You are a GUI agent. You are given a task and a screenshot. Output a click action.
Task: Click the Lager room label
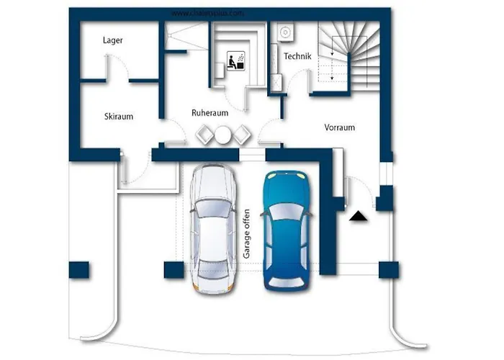113,41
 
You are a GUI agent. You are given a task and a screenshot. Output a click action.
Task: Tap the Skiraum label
119,116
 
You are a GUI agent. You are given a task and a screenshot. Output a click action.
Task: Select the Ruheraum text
210,113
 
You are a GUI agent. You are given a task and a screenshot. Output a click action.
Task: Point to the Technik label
297,56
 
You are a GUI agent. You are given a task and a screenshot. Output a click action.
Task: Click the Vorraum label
340,127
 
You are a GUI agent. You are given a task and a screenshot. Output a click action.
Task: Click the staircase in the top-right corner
349,54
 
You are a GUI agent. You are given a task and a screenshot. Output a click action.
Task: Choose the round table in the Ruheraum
222,133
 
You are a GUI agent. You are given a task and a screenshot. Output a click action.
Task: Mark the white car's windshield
213,209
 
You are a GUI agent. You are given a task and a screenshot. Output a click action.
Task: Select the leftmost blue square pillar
78,271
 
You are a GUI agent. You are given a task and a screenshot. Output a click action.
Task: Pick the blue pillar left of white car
173,270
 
